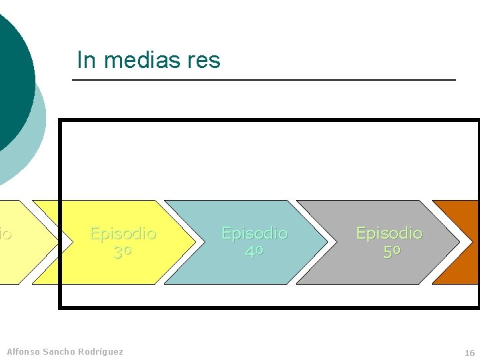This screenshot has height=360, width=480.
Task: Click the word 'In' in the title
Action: coord(85,61)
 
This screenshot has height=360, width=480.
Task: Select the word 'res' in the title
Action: coord(203,61)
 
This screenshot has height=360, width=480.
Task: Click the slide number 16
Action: coord(469,353)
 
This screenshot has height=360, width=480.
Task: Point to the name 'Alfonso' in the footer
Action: coord(23,351)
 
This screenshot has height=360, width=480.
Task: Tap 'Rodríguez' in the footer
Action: coord(100,351)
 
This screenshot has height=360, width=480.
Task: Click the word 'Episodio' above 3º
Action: coord(123,234)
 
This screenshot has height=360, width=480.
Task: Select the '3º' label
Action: coord(123,253)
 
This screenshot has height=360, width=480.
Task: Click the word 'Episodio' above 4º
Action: coord(254,234)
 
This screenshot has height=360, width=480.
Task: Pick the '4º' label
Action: coord(254,253)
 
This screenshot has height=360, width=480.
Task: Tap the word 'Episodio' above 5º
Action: coord(389,233)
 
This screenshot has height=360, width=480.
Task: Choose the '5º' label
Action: coord(392,252)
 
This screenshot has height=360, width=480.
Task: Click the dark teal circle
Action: coord(12,80)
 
